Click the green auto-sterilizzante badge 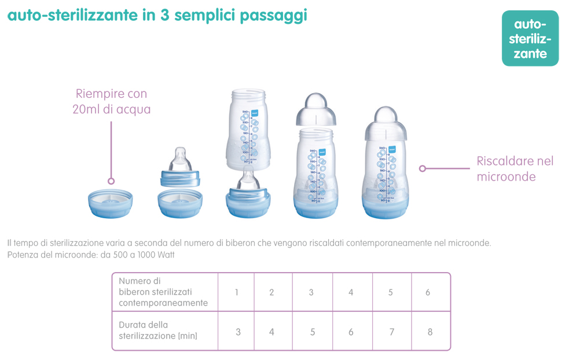click(x=530, y=38)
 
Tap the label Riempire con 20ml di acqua click(x=111, y=101)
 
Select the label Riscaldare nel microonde click(x=515, y=168)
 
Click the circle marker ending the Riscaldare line click(x=423, y=168)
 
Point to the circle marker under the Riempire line click(x=111, y=181)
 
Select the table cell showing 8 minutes click(x=430, y=332)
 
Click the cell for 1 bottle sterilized click(x=237, y=292)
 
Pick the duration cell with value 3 click(x=238, y=332)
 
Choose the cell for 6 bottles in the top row click(x=428, y=292)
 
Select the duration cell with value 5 click(x=313, y=332)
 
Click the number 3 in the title click(x=165, y=16)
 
